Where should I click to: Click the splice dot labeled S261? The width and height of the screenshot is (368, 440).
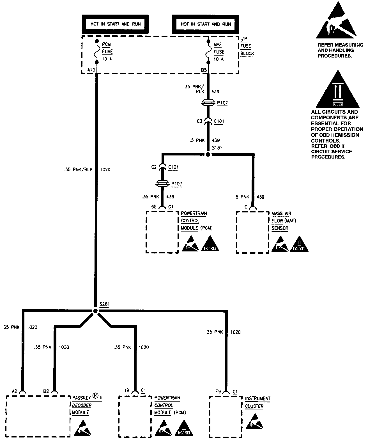[x=95, y=311]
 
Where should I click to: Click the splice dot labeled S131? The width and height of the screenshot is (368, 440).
[x=208, y=154]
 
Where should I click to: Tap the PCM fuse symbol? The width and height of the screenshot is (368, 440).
[x=96, y=51]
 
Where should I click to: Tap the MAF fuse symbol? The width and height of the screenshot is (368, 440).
[x=208, y=51]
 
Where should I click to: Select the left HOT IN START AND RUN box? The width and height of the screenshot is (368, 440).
[x=115, y=24]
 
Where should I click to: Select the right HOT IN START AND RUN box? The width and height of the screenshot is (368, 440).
[x=206, y=24]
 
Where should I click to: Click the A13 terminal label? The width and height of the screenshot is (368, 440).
[x=91, y=70]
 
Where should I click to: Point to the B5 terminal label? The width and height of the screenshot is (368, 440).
[x=204, y=70]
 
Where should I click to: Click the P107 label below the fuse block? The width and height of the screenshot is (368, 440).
[x=222, y=103]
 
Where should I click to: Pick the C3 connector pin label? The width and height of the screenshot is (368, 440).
[x=199, y=121]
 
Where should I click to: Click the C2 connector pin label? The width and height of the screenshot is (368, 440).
[x=154, y=167]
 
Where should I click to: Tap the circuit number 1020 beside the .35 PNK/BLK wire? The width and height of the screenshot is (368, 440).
[x=105, y=169]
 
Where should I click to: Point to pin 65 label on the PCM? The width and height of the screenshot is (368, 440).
[x=154, y=207]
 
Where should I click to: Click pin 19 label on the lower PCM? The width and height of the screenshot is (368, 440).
[x=127, y=390]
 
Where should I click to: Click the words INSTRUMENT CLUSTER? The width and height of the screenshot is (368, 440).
[x=257, y=402]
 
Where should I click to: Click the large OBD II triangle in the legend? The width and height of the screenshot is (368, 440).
[x=337, y=90]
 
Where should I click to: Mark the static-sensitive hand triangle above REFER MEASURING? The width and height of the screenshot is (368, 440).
[x=337, y=22]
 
